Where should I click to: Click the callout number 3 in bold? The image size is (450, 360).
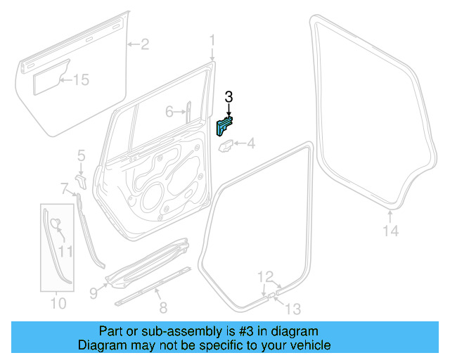229,97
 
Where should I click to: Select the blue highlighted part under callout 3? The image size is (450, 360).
223,127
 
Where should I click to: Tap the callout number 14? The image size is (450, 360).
390,231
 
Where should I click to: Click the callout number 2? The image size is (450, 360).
144,45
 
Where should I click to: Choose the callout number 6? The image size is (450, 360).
169,111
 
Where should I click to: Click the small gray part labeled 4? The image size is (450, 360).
226,146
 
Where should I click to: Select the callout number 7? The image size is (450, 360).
64,188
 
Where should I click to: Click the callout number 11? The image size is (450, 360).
65,250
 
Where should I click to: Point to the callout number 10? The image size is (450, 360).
58,304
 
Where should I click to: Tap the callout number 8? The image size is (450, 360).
163,307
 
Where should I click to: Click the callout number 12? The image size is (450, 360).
264,276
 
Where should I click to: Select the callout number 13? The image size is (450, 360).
292,307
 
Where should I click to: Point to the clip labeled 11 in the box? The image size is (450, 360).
56,225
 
